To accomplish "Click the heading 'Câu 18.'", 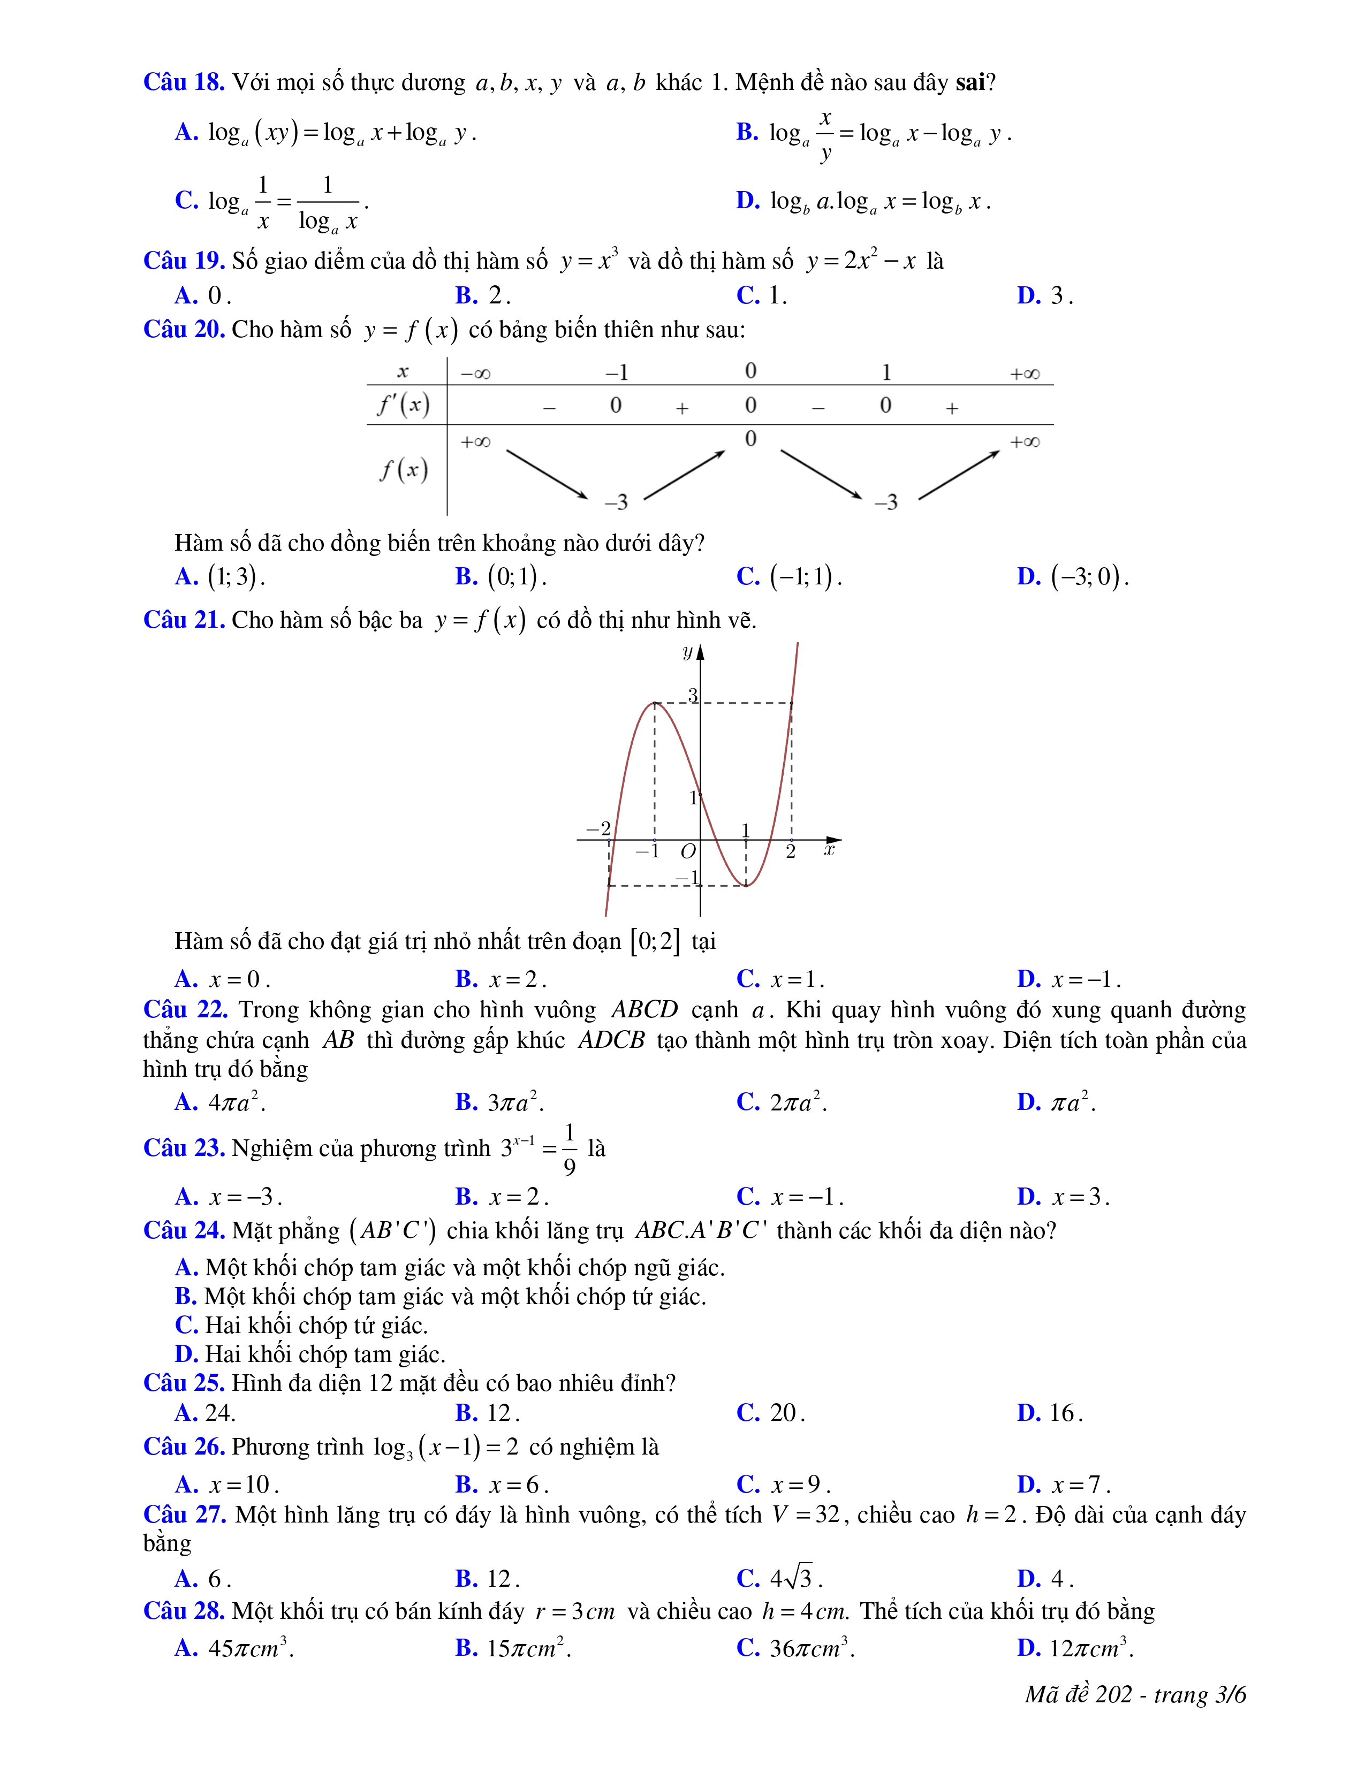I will tap(184, 82).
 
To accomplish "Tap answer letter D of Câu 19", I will tap(1029, 296).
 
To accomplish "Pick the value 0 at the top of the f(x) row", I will tap(750, 439).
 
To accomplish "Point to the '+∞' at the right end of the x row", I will tap(1025, 374).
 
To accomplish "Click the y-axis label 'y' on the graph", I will tap(687, 652).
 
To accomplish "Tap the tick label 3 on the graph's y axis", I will tap(692, 695).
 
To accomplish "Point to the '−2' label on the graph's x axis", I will tap(598, 829).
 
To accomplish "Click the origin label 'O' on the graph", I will tap(687, 851).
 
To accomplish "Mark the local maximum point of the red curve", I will tap(655, 704).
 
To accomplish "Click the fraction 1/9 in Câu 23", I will tap(570, 1149).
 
